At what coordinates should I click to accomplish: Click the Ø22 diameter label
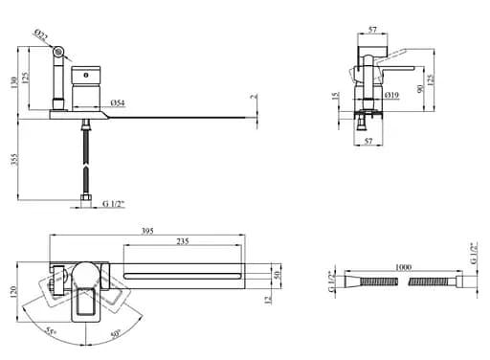(x=41, y=35)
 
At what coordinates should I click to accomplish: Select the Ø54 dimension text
(x=118, y=102)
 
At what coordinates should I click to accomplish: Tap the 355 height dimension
(x=14, y=160)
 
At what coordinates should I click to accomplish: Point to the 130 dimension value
(x=14, y=83)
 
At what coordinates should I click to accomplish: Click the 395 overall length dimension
(x=147, y=231)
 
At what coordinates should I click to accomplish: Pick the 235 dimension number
(x=183, y=241)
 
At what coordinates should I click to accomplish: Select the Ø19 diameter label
(x=391, y=95)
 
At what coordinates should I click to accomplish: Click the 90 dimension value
(x=420, y=89)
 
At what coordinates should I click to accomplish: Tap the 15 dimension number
(x=335, y=96)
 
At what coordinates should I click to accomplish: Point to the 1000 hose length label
(x=403, y=267)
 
